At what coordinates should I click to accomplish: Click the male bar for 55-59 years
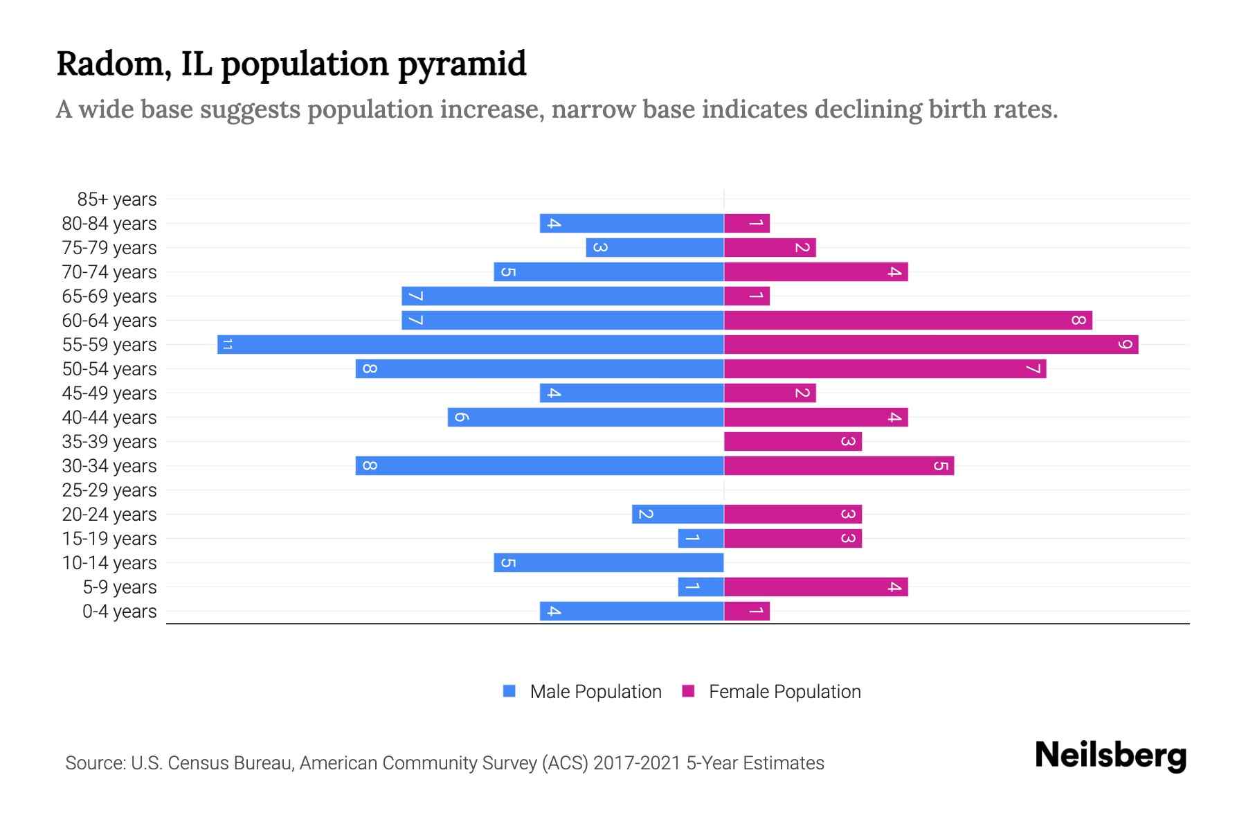(x=471, y=344)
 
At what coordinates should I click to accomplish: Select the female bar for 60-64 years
(x=908, y=320)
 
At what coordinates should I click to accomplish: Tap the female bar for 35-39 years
(x=793, y=441)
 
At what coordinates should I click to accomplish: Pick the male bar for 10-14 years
(x=608, y=562)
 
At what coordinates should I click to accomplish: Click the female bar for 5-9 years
(x=815, y=587)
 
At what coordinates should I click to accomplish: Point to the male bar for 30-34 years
(x=539, y=465)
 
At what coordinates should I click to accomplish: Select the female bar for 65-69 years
(x=747, y=296)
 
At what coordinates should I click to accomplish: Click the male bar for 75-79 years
(x=655, y=247)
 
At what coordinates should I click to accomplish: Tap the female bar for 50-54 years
(x=885, y=368)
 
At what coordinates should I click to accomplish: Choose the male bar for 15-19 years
(x=701, y=538)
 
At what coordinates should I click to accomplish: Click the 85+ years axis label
(x=116, y=199)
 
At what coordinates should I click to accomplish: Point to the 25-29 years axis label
(x=109, y=490)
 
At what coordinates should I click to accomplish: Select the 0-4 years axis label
(x=119, y=611)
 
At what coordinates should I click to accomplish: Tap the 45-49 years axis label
(x=109, y=393)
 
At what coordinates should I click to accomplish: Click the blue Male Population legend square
(x=509, y=691)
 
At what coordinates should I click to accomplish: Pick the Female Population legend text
(x=784, y=692)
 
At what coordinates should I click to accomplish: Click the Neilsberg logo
(x=1110, y=756)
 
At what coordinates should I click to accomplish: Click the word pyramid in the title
(x=462, y=64)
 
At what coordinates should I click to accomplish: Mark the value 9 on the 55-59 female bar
(x=1125, y=344)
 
